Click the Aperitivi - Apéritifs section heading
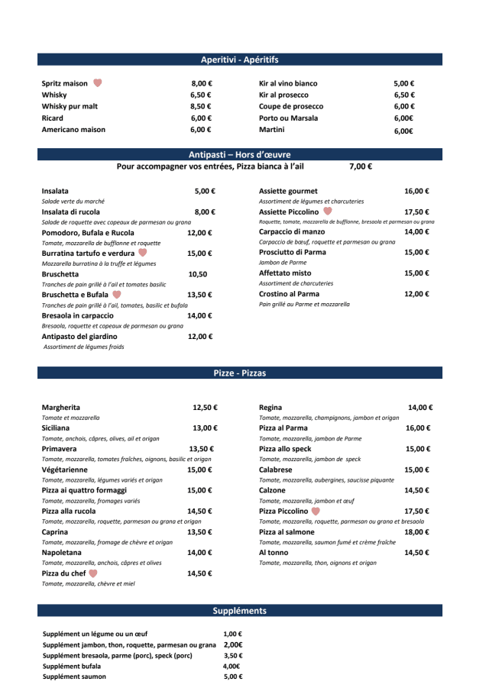click(239, 60)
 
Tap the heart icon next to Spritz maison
click(98, 83)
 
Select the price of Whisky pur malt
click(201, 107)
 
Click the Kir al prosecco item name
click(285, 95)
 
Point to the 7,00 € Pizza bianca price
click(361, 166)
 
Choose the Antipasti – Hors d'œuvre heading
click(239, 154)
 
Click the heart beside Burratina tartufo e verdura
click(142, 253)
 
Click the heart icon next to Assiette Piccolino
click(328, 211)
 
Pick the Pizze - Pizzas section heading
click(239, 373)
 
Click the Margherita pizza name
click(61, 408)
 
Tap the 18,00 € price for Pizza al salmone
click(417, 532)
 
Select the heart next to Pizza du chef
click(93, 573)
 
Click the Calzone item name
click(274, 491)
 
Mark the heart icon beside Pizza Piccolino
click(316, 512)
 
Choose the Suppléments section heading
click(239, 611)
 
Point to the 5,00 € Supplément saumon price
click(232, 677)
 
